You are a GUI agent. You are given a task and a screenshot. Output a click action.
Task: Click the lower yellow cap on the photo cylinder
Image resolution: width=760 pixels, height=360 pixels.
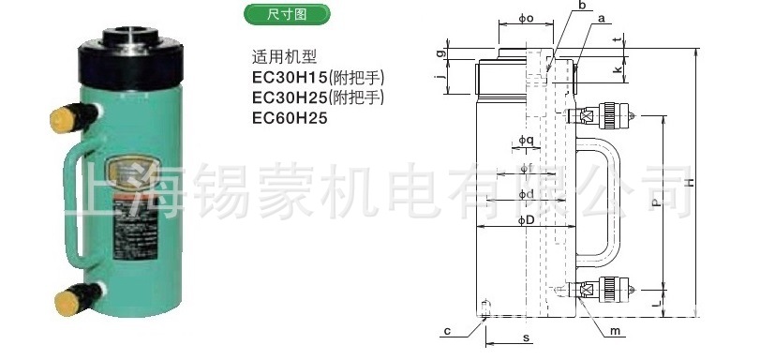[x=67, y=300]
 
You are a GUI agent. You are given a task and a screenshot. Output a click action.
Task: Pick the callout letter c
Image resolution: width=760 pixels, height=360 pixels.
[x=448, y=329]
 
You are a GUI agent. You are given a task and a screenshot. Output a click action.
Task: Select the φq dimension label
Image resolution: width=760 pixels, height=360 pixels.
[x=527, y=142]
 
